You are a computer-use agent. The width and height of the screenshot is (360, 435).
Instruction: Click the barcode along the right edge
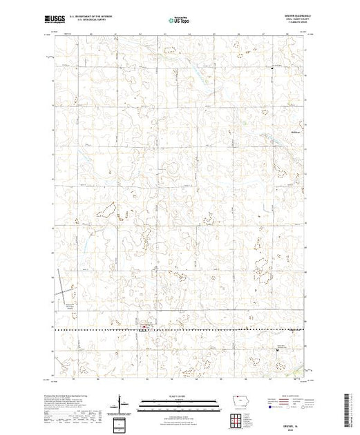pos(348,407)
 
